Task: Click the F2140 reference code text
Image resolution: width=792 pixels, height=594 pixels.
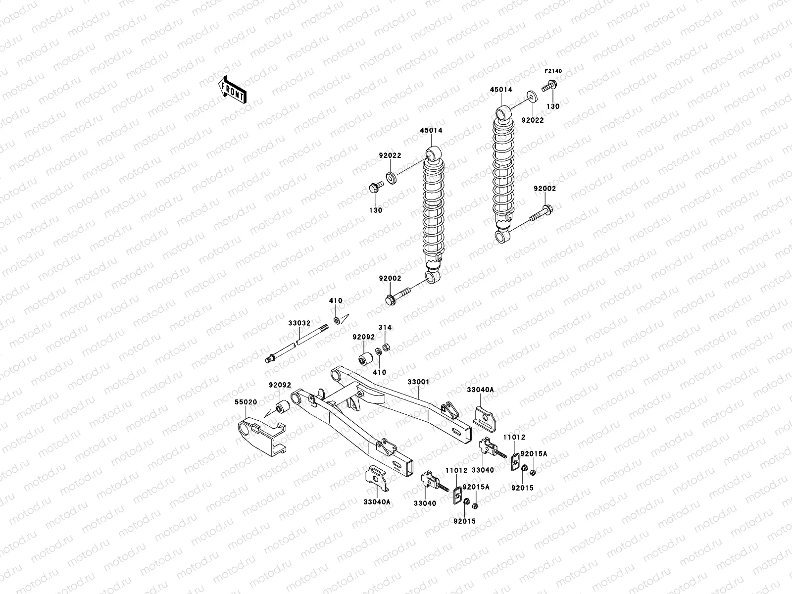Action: (554, 71)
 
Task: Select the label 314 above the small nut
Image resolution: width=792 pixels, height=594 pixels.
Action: (385, 328)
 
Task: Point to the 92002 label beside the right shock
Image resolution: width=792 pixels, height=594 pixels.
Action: (544, 189)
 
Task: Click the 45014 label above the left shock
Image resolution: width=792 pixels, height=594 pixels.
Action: (431, 131)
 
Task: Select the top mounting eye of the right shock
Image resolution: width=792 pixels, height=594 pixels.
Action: (504, 113)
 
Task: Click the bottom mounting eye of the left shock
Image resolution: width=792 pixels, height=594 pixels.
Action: (433, 276)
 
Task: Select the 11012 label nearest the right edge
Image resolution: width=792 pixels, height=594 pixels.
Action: (514, 438)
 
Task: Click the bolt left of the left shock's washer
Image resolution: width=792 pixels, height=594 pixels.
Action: (375, 189)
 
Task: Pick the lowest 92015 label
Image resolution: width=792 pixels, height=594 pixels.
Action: (464, 521)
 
